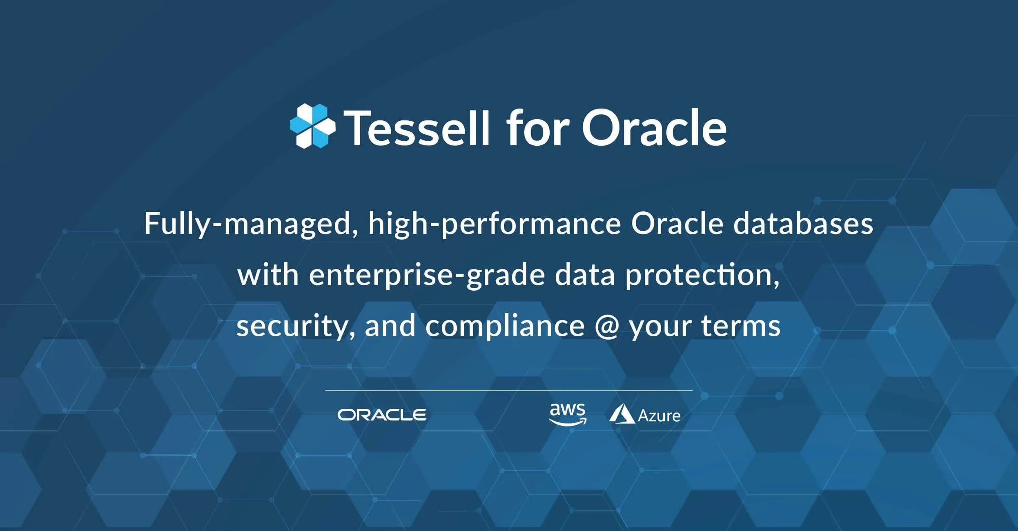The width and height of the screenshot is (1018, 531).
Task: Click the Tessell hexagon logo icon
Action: pos(312,126)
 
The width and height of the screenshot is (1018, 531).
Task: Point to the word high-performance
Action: pos(494,224)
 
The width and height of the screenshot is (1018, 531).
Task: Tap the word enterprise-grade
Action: pos(427,275)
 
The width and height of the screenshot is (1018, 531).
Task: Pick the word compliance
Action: pos(505,327)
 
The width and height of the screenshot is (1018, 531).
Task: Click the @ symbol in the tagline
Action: pos(607,327)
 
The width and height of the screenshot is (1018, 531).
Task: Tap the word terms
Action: pos(741,327)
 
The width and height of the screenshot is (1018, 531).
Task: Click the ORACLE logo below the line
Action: pos(382,415)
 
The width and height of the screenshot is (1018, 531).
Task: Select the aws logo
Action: pos(568,414)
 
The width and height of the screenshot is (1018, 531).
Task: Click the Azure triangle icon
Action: pos(621,414)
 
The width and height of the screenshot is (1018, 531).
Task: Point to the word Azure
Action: pos(659,416)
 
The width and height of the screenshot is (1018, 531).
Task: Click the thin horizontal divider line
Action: pos(508,391)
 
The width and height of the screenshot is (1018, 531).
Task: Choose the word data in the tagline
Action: pos(585,275)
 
